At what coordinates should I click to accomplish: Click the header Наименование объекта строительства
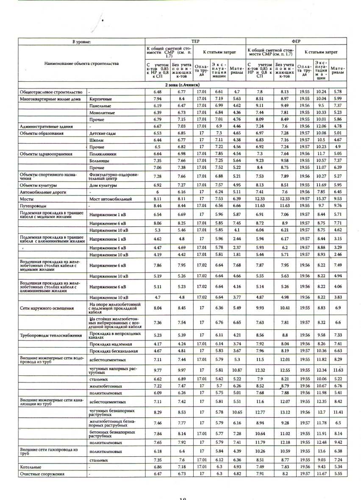(81, 64)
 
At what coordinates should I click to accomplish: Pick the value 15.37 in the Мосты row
(321, 199)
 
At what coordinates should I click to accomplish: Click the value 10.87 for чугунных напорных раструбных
(237, 370)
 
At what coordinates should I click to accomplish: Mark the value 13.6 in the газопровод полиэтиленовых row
(321, 451)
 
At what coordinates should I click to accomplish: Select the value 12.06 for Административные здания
(321, 126)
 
